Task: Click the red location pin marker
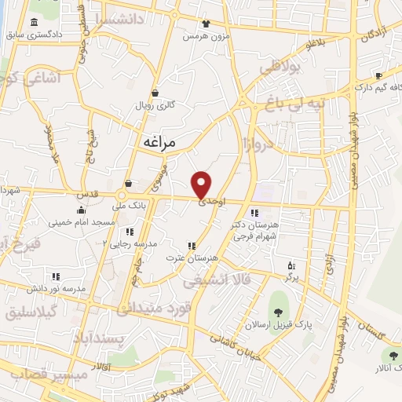[202, 185]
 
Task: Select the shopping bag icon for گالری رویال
[155, 92]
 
